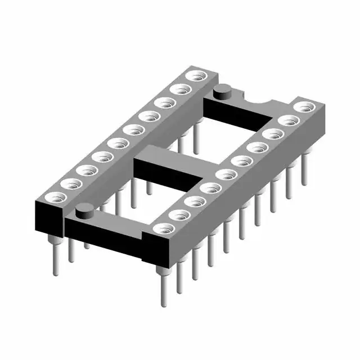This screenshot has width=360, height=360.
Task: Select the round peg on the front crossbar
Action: pos(84,209)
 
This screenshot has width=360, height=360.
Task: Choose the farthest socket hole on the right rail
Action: pos(304,106)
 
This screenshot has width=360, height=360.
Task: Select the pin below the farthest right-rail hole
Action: pos(304,169)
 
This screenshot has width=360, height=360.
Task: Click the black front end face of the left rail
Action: pos(48,219)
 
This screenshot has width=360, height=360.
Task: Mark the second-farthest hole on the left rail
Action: pos(181,89)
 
